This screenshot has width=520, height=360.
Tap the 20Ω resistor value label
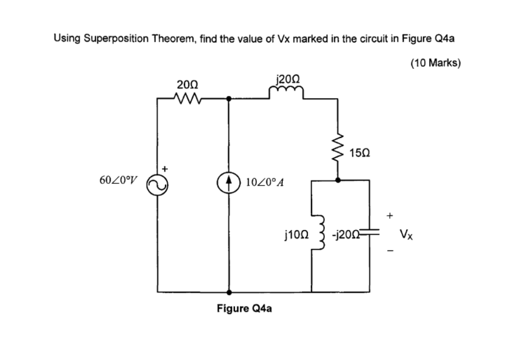tap(186, 85)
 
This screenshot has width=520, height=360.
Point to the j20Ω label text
tap(289, 79)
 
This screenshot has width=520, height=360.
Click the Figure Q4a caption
tap(244, 309)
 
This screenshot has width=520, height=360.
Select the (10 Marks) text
tap(435, 63)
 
